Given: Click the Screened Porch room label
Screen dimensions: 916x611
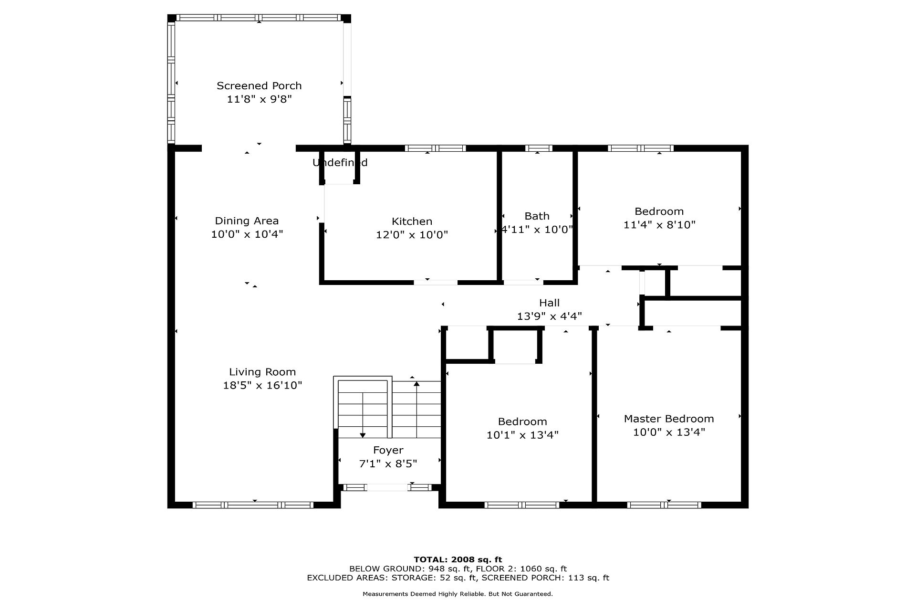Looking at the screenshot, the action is [x=259, y=86].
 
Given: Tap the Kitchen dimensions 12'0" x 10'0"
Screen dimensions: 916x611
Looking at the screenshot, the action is [x=412, y=235].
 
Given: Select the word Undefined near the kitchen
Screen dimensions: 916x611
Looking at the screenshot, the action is [x=340, y=162].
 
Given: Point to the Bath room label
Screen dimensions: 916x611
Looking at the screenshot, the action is [x=537, y=216].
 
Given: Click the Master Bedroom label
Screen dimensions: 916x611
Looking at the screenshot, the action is [x=669, y=419].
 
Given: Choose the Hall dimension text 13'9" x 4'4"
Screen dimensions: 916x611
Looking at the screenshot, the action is [x=550, y=316].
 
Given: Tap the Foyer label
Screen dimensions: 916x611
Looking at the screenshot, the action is [x=388, y=450].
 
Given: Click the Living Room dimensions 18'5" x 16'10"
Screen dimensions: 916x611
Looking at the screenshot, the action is [x=263, y=385].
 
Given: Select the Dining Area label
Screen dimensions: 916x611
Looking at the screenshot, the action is [x=247, y=221].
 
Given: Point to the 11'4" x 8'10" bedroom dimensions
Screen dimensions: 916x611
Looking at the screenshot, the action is [x=660, y=224].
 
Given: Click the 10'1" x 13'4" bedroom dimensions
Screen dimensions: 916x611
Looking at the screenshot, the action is [x=522, y=435].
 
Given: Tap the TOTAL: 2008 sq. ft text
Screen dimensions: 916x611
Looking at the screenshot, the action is [x=458, y=559].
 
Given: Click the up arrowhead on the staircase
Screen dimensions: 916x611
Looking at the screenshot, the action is [x=416, y=383].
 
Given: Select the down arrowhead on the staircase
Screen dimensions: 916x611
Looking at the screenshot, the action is [x=363, y=435].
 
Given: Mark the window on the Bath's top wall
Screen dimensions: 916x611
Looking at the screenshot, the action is [x=539, y=148].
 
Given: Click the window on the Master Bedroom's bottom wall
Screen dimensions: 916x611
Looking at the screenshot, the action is [x=664, y=505].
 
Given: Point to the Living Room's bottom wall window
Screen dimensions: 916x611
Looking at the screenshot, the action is [x=253, y=505].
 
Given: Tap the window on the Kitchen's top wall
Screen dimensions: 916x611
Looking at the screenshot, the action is [x=436, y=148].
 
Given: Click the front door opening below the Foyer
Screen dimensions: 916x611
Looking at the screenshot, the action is [x=387, y=487].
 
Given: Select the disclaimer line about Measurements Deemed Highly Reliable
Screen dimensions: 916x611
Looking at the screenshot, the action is [x=458, y=594].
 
